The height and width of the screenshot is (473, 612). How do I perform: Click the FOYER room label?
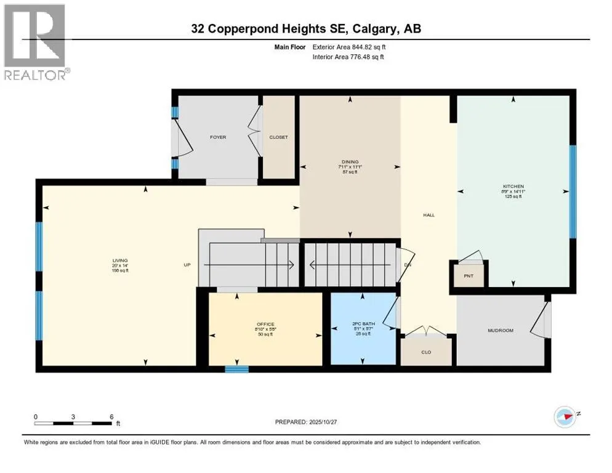[217, 137]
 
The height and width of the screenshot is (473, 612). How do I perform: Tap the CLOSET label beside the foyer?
[278, 137]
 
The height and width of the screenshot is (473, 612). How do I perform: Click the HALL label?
[429, 215]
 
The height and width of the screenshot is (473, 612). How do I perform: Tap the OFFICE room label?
[265, 325]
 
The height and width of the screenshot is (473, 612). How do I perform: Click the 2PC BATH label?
[362, 325]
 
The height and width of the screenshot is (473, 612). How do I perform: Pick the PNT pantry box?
[469, 275]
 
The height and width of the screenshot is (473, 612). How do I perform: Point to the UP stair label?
[188, 265]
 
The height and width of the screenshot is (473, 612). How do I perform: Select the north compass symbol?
[565, 417]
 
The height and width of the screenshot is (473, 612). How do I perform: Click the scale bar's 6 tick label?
[111, 417]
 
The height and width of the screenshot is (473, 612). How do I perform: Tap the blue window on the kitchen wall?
[573, 192]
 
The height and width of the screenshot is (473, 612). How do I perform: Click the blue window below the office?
[236, 369]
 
